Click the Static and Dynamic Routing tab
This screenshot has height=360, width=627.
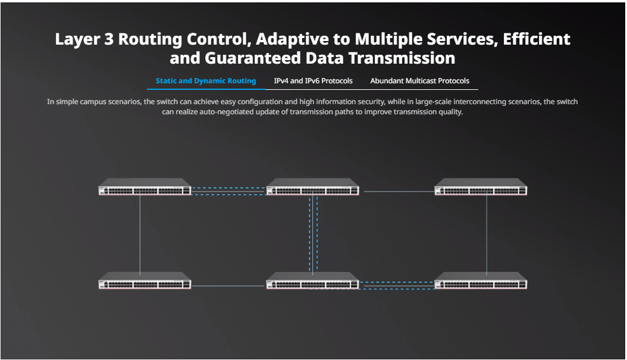(x=206, y=81)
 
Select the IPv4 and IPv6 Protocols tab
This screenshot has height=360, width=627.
(x=313, y=81)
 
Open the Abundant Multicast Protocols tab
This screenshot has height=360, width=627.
(x=419, y=81)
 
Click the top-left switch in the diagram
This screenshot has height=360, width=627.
(x=145, y=187)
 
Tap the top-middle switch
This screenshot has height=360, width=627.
(x=313, y=187)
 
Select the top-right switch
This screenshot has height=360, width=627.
(x=481, y=187)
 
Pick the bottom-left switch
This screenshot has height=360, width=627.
(x=145, y=280)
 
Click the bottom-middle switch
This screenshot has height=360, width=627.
(x=313, y=280)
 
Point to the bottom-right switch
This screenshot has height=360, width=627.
(x=481, y=280)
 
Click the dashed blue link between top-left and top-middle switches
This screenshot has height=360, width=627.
(x=228, y=191)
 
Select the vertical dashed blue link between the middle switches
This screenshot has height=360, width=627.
(x=313, y=234)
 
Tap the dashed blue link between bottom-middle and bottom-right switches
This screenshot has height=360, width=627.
(x=397, y=286)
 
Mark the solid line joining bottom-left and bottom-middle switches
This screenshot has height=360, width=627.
(x=228, y=286)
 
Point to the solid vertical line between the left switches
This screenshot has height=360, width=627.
(x=140, y=235)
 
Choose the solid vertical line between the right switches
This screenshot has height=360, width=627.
(x=487, y=235)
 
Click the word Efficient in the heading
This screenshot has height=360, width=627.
(x=536, y=39)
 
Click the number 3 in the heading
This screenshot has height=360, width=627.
(x=109, y=39)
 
